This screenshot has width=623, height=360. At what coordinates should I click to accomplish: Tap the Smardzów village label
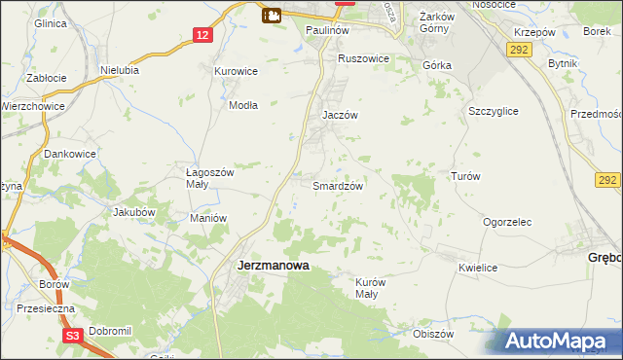[338, 186]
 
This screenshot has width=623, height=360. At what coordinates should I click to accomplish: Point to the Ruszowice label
[363, 58]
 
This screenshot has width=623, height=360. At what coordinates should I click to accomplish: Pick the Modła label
[243, 106]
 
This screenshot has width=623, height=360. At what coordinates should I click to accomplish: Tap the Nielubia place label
[120, 70]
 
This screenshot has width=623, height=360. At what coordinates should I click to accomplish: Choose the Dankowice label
[70, 153]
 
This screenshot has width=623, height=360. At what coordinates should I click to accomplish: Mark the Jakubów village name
[134, 211]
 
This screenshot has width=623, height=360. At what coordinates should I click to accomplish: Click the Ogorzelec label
[507, 222]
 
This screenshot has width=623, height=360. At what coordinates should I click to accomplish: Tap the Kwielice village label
[478, 268]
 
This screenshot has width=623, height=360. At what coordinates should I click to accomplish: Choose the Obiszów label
[434, 334]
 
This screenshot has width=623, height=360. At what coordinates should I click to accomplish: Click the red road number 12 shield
[201, 35]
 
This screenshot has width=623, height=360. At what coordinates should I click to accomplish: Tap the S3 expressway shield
[72, 335]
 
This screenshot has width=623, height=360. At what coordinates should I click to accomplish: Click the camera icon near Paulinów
[272, 15]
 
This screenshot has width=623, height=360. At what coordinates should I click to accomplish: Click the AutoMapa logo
[557, 341]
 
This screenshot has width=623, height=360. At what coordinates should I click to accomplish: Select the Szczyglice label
[492, 112]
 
